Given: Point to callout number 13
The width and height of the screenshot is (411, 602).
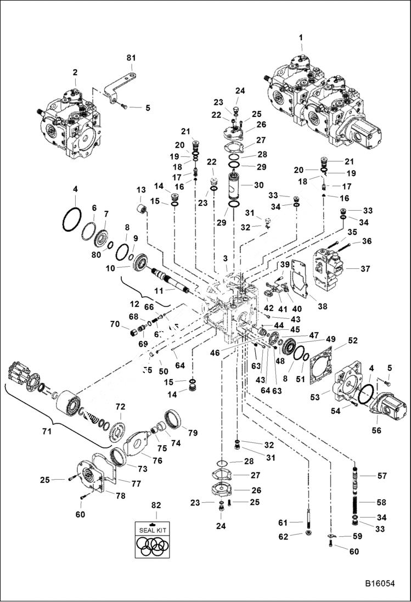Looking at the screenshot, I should pos(139,190).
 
